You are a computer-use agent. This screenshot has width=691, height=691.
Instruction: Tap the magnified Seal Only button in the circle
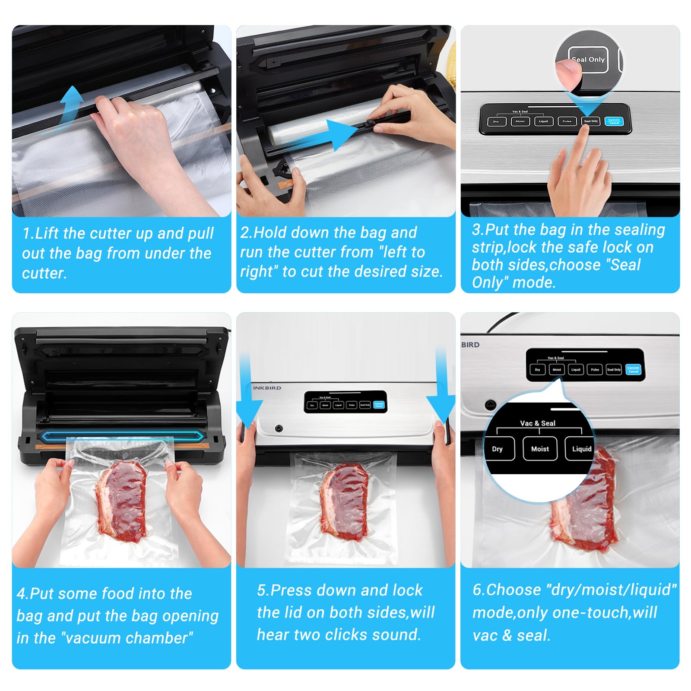588,60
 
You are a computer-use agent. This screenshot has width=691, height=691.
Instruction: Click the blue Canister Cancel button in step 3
614,121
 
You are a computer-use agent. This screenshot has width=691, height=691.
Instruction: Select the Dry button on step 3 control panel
496,122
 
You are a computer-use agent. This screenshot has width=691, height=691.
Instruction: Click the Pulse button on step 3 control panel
567,122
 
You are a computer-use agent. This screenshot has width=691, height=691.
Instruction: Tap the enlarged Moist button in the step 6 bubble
540,449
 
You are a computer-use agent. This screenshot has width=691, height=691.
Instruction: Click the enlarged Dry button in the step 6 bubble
498,449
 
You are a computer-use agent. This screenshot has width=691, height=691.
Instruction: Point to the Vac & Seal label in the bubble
538,423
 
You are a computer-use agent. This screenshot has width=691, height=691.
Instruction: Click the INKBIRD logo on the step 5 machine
267,388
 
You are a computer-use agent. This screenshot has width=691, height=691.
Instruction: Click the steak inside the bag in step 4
121,501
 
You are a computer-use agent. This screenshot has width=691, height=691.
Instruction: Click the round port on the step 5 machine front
279,428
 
